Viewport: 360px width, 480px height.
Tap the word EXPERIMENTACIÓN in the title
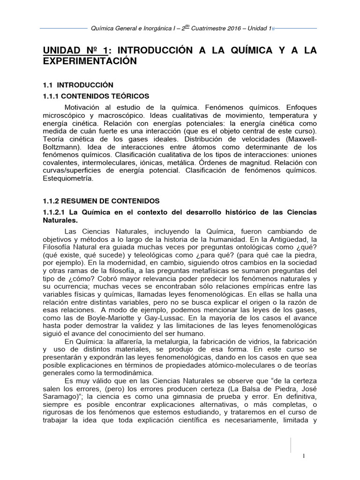point(90,61)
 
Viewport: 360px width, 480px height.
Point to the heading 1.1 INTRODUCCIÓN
point(78,85)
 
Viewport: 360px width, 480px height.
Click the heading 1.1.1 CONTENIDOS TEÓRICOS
point(96,96)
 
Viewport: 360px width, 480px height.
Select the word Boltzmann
point(59,139)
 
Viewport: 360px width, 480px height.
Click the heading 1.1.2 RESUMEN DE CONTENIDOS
point(101,201)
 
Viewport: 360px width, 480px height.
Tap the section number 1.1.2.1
point(55,212)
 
